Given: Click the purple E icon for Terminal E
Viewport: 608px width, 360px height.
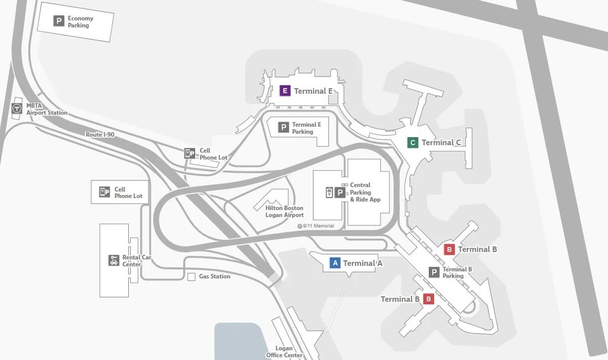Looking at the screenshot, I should [285, 91].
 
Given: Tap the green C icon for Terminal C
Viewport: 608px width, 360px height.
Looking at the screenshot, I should [413, 143].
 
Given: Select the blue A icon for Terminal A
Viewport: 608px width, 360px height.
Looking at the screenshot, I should [334, 263].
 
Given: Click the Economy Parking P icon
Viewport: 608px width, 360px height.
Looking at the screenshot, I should [59, 21].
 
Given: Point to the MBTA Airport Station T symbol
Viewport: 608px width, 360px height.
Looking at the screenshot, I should [17, 108].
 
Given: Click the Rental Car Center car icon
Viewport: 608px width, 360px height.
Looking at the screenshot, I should [113, 260].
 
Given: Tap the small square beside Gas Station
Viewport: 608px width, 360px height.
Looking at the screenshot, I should [192, 277].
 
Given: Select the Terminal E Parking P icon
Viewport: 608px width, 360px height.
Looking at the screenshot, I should [284, 128].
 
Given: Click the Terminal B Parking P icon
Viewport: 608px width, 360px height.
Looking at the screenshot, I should [434, 272].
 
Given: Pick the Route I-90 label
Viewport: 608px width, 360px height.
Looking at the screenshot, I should [101, 135].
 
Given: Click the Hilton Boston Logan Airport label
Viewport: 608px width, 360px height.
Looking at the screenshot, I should [285, 212].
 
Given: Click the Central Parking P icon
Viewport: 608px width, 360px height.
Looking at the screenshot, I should [339, 193].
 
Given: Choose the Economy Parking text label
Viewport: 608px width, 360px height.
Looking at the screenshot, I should [81, 22].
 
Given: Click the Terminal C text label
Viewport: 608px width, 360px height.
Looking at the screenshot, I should [441, 143].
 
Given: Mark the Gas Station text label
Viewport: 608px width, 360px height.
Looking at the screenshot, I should [214, 276].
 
